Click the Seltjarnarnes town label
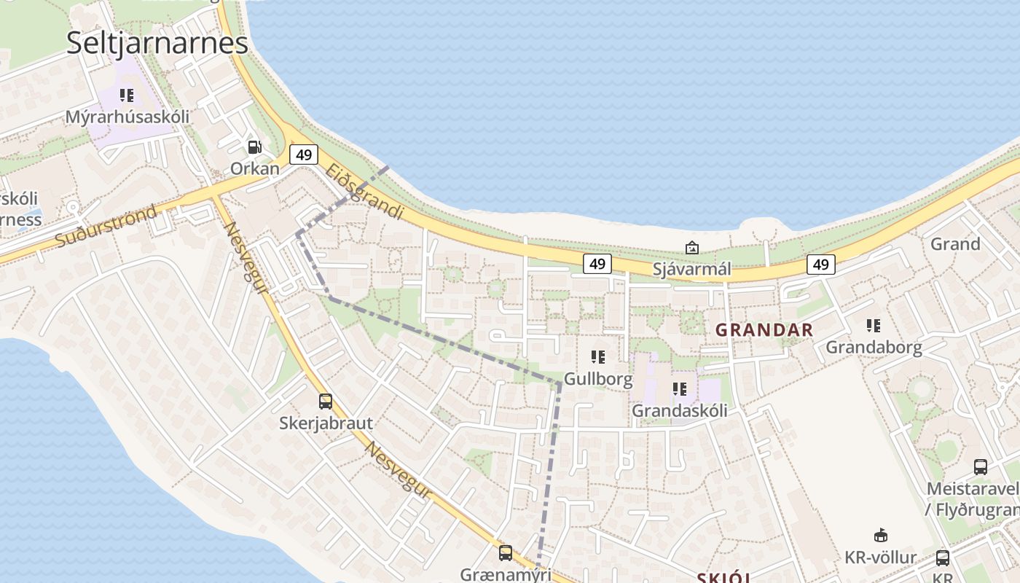157,43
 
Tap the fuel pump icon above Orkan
254,147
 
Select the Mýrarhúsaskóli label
127,117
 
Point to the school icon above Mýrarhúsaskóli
127,95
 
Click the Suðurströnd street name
106,227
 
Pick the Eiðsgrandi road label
364,192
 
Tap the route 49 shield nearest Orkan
304,154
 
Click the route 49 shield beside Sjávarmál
597,264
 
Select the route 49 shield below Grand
820,264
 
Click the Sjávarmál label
691,269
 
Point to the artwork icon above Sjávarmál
691,249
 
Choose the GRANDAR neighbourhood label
764,329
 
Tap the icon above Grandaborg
874,326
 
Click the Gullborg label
598,379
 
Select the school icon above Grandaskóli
680,389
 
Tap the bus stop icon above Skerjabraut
326,402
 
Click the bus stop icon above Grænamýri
506,553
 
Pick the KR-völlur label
881,558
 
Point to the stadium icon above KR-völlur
881,536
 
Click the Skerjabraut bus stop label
326,423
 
